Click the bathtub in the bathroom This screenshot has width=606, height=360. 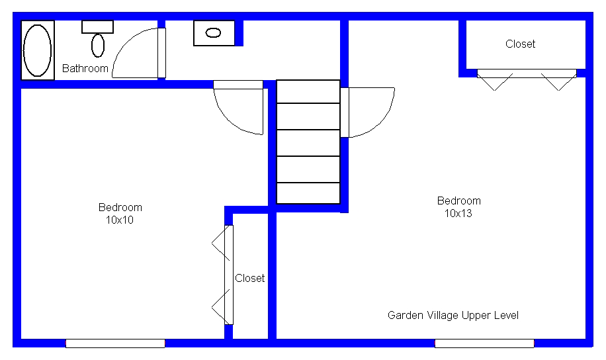(x=38, y=50)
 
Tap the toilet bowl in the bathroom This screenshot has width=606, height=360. (x=98, y=45)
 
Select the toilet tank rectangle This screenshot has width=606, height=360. (x=97, y=26)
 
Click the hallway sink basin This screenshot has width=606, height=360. (x=213, y=33)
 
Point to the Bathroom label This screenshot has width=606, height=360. (x=85, y=68)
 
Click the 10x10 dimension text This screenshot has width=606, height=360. (x=120, y=220)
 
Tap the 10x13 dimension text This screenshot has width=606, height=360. (x=458, y=214)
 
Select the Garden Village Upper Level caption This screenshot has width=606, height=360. (x=453, y=316)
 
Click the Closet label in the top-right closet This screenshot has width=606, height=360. (x=520, y=44)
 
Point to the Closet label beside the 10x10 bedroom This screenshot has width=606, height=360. (x=249, y=279)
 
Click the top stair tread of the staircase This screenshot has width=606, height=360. (x=308, y=91)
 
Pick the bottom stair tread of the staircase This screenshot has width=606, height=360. (x=308, y=193)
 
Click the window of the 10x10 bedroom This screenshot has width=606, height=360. (x=115, y=343)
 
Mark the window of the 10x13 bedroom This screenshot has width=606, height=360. (x=484, y=343)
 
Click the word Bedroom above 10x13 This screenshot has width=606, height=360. (x=458, y=201)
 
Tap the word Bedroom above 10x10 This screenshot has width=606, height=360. (x=120, y=208)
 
